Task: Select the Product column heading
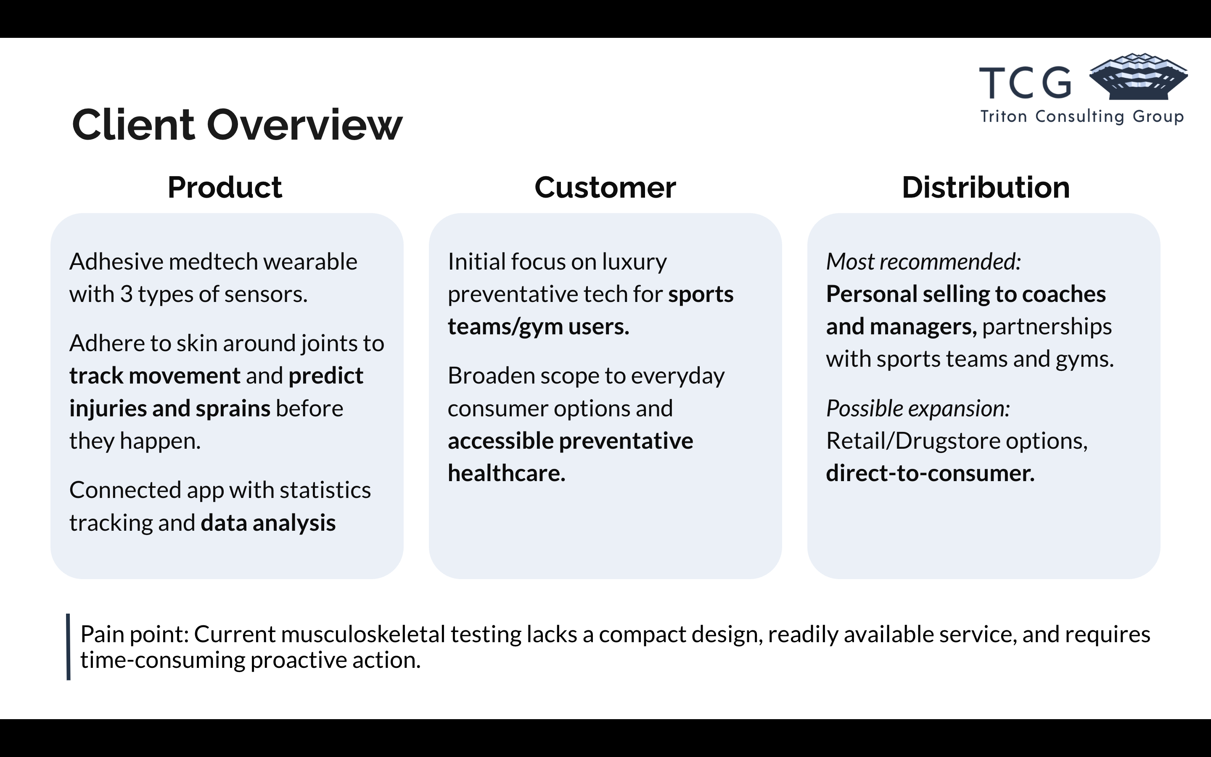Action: tap(225, 187)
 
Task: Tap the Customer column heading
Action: tap(605, 187)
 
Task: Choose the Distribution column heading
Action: tap(985, 187)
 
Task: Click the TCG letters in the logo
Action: tap(1025, 83)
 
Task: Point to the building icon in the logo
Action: tap(1138, 77)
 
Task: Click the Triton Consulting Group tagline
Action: tap(1082, 116)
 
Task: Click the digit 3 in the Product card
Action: tap(126, 294)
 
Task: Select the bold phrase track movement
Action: tap(155, 376)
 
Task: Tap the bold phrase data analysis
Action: tap(268, 523)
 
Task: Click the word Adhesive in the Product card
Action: tap(116, 262)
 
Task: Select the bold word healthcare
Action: tap(506, 473)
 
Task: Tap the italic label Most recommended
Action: tap(923, 262)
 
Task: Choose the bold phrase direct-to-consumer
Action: tap(930, 474)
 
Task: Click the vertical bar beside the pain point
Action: tap(68, 646)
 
